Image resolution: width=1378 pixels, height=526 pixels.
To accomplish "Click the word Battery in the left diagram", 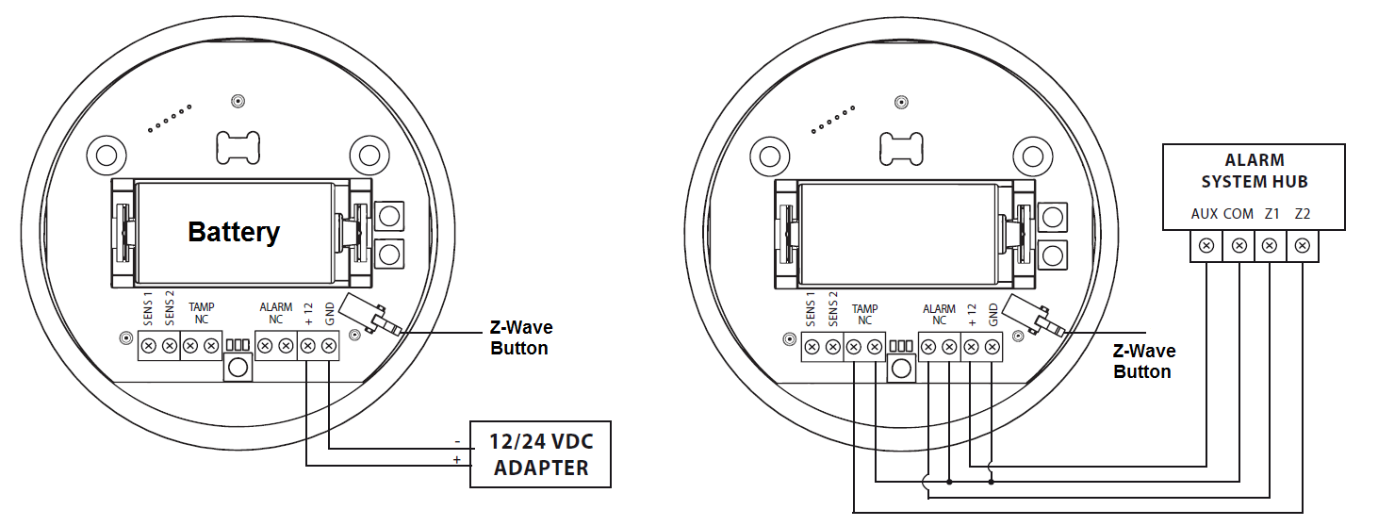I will click(x=234, y=232).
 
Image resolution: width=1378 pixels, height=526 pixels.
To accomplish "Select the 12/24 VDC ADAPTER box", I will click(x=540, y=453).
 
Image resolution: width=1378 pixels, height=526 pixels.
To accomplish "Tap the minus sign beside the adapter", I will click(x=457, y=441).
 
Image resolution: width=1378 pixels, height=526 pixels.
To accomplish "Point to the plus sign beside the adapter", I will click(x=457, y=460).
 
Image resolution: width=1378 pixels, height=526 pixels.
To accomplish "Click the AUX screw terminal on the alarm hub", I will click(x=1206, y=247).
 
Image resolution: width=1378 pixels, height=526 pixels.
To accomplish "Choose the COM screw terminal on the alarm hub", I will click(x=1239, y=247).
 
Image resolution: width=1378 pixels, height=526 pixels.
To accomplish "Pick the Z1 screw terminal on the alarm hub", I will click(x=1270, y=247).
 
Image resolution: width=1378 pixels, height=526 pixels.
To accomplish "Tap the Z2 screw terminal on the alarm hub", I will click(x=1302, y=247).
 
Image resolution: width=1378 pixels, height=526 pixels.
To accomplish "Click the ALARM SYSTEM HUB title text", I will click(x=1254, y=171).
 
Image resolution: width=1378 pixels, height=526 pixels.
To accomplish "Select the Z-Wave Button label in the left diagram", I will click(x=520, y=337).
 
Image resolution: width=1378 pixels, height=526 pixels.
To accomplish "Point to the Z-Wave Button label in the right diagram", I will click(x=1143, y=361).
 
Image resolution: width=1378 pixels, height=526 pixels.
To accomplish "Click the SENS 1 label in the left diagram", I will click(x=148, y=309).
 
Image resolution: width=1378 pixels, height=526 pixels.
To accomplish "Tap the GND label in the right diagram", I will click(x=992, y=315).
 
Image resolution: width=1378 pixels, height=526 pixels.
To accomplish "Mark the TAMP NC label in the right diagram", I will click(x=864, y=314).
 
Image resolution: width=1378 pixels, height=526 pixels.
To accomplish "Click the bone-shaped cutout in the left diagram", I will click(x=238, y=144).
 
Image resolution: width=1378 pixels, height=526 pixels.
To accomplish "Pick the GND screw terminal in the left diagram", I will click(x=328, y=347).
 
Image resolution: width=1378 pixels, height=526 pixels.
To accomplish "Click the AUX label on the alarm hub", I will click(x=1205, y=214).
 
